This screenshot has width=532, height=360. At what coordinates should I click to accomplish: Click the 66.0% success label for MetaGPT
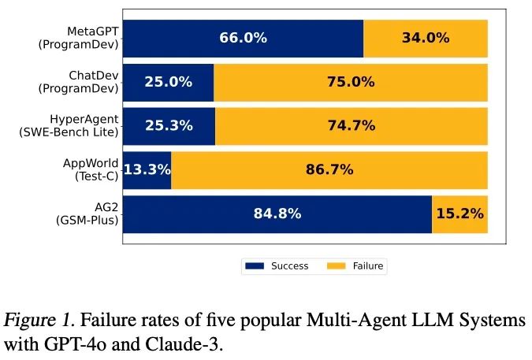tap(243, 38)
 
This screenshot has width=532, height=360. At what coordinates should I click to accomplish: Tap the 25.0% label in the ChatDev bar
tap(169, 82)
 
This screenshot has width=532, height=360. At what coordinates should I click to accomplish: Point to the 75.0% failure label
tap(351, 82)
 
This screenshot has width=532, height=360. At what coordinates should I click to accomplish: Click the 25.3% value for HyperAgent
tap(169, 125)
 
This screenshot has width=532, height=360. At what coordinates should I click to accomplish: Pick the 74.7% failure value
tap(351, 125)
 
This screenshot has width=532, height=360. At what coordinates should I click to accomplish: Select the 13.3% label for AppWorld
tap(147, 169)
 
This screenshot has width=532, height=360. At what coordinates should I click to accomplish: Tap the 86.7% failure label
tap(329, 169)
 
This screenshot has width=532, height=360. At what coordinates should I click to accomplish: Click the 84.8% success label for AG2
tap(277, 213)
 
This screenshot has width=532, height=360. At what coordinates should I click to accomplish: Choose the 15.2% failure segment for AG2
tap(459, 213)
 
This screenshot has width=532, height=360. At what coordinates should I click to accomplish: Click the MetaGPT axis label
tap(79, 38)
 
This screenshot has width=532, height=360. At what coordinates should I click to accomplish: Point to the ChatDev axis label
tap(79, 82)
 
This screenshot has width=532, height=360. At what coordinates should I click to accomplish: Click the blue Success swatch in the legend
tap(255, 266)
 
